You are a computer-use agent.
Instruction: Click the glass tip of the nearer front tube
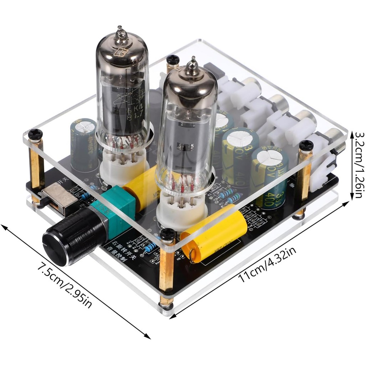click(193, 66)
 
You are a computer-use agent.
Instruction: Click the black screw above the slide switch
click(35, 134)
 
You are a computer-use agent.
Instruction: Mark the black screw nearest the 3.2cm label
click(306, 145)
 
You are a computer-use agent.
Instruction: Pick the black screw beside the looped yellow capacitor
click(168, 233)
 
